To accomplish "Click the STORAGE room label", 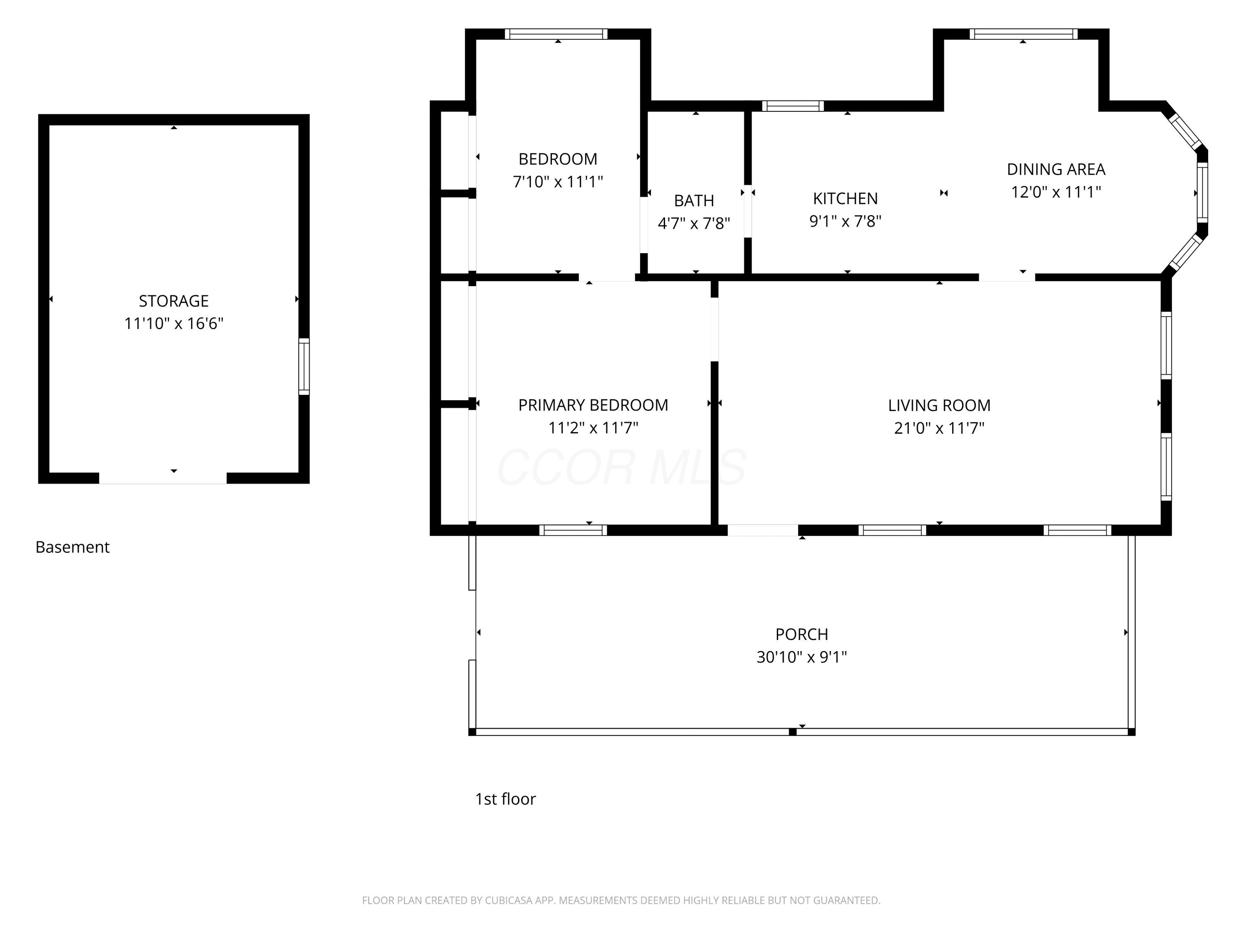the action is tap(174, 301).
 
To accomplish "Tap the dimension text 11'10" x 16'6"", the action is tap(174, 324).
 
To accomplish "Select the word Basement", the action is tap(73, 547).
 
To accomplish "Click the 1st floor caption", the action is tap(505, 799).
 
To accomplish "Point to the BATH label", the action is tap(694, 200).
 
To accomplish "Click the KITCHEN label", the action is tap(845, 198).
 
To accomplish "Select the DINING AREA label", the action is tap(1056, 169).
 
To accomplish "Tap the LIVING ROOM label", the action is tap(939, 405).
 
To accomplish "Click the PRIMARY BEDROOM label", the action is tap(593, 405).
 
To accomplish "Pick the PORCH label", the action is tap(801, 634).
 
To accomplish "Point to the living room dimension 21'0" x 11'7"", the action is tap(939, 428).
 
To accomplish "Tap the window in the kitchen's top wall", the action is tap(793, 106).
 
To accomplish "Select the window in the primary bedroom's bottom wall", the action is tap(573, 530).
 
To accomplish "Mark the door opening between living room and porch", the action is tap(762, 530).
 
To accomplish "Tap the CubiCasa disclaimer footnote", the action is tap(621, 901).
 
